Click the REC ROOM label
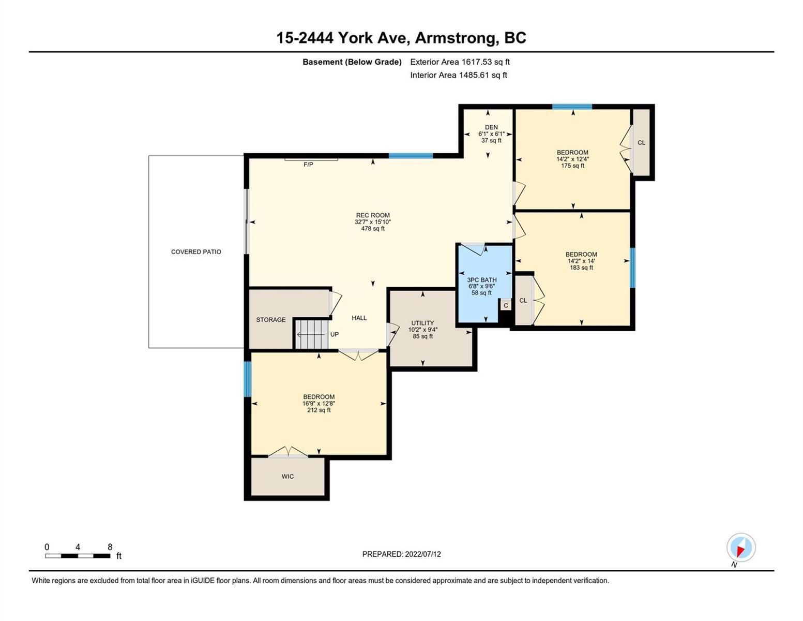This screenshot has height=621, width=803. coord(372,215)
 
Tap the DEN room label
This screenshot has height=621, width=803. coord(491,127)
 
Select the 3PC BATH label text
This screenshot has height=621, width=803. coord(481,280)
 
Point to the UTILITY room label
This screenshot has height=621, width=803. coord(422,323)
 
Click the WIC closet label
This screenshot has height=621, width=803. coord(287,477)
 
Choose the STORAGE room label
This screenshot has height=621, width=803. coord(271,320)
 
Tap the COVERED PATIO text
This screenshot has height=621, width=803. coord(196,252)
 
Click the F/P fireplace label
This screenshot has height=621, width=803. coord(308,165)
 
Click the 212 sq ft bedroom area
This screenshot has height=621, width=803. coord(319,410)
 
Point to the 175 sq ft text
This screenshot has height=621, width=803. coord(572,166)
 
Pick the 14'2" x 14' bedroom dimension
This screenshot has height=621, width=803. coord(581,261)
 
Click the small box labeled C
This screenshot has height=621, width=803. coord(506,305)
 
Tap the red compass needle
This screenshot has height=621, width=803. coord(740,551)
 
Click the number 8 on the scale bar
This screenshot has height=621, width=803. coord(110,547)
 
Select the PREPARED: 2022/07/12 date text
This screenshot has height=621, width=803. coord(401,554)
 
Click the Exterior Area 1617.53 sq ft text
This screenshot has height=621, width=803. coord(460,62)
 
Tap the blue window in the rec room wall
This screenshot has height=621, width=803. coord(410,156)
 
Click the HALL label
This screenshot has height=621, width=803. coord(359,318)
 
